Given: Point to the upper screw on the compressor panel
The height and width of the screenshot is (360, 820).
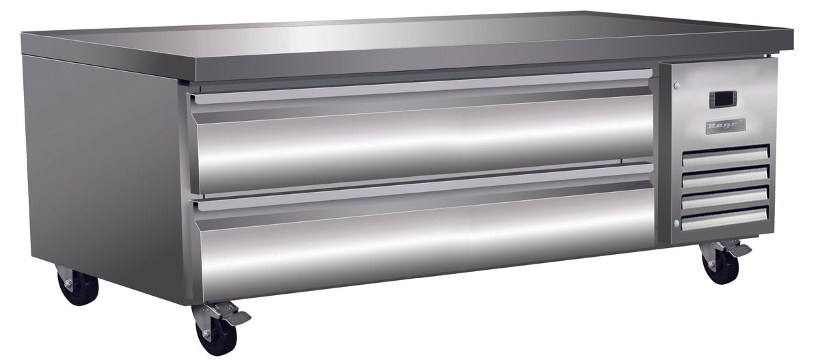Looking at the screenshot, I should tap(676, 86).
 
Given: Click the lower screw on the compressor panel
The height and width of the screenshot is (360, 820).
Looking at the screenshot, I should tap(676, 223).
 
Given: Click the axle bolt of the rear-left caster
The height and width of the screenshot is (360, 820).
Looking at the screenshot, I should tap(68, 282).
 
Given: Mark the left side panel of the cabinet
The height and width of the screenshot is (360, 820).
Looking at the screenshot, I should tap(102, 171).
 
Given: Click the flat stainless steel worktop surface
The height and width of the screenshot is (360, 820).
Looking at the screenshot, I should tap(410, 38).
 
